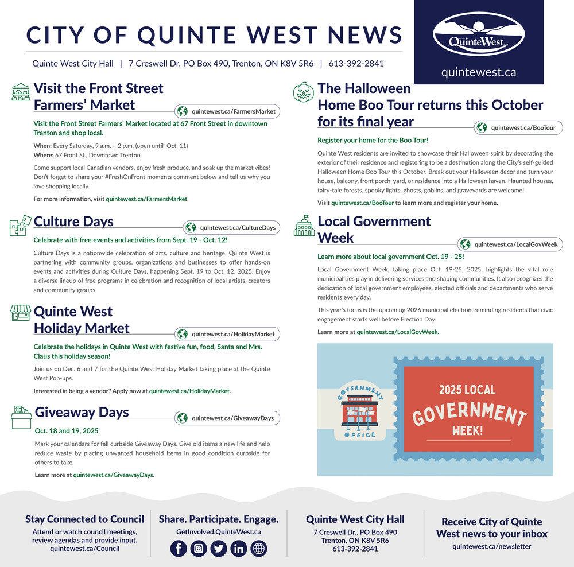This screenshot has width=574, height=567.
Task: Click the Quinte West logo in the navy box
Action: (x=478, y=34)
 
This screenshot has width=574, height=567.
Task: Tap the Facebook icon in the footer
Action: (x=179, y=549)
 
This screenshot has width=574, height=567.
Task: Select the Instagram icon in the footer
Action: (x=199, y=549)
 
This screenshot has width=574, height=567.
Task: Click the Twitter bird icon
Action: (x=219, y=549)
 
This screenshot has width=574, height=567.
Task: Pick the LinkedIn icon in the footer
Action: (x=239, y=549)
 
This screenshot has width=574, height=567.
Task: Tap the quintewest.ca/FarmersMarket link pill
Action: (x=227, y=111)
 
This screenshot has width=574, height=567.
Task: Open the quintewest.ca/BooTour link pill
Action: (x=518, y=128)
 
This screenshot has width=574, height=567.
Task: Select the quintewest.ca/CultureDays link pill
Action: (x=231, y=227)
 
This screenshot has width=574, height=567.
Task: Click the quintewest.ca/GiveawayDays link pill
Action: (x=227, y=418)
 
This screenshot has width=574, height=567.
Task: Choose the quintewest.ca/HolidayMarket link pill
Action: (x=227, y=334)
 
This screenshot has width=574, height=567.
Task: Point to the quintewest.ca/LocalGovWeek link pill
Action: (x=510, y=244)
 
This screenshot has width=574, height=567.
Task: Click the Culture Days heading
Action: (x=73, y=222)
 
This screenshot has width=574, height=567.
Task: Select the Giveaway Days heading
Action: (x=82, y=412)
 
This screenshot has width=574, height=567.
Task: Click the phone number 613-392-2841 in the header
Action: (x=356, y=64)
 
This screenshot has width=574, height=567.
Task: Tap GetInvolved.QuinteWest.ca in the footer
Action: (x=218, y=532)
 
